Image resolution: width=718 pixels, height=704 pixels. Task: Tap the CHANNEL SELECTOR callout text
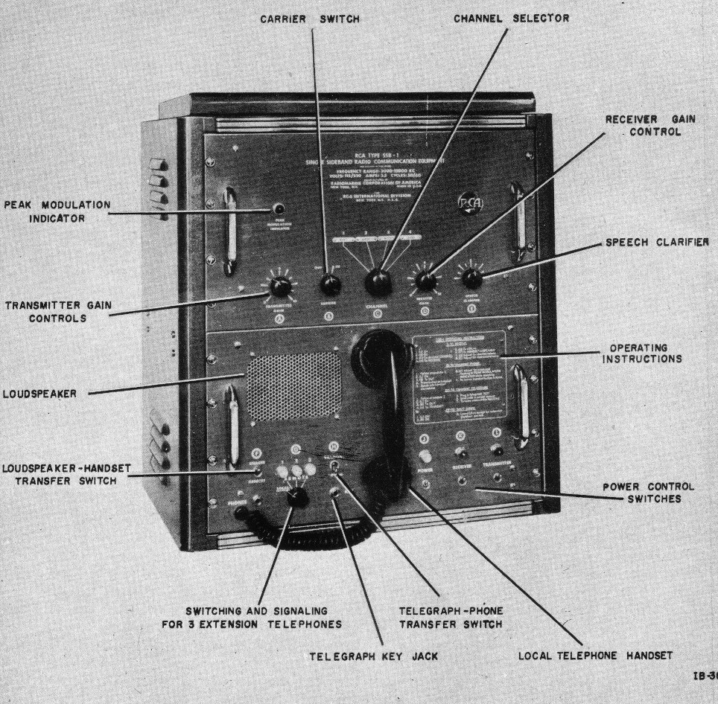[x=512, y=19]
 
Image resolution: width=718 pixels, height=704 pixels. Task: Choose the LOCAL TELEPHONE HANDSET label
[x=595, y=656]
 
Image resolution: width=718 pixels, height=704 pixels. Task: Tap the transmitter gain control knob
[x=279, y=287]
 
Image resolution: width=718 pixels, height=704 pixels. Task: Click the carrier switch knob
[x=329, y=284]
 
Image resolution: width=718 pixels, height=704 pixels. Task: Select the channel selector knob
[x=378, y=280]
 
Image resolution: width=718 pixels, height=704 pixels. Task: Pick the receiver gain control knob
[x=425, y=281]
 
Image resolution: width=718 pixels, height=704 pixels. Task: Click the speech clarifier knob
[x=471, y=279]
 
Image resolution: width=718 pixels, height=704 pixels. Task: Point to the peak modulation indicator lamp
[x=278, y=210]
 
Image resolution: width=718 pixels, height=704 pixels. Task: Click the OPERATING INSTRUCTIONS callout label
[x=638, y=353]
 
